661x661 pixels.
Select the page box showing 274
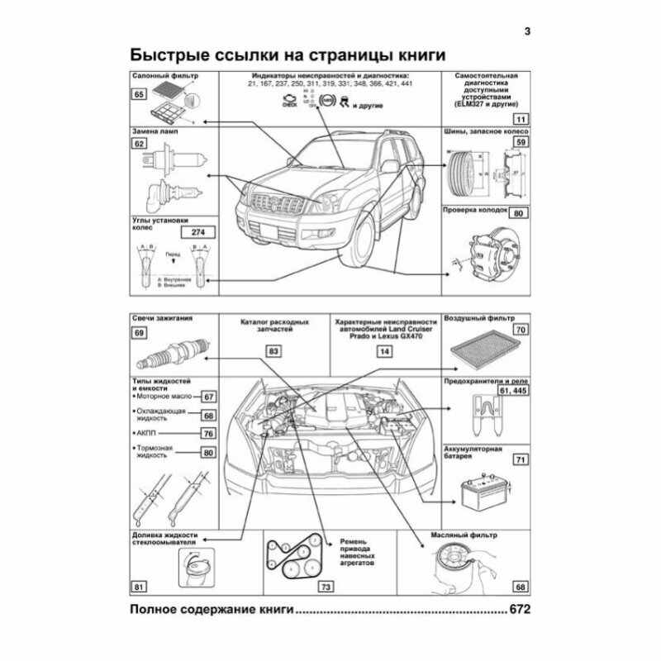(x=196, y=234)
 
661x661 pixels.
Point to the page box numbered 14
(x=383, y=351)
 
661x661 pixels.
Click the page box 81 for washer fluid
(x=140, y=587)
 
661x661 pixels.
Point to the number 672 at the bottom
(x=518, y=611)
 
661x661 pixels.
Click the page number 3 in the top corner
(x=528, y=33)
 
